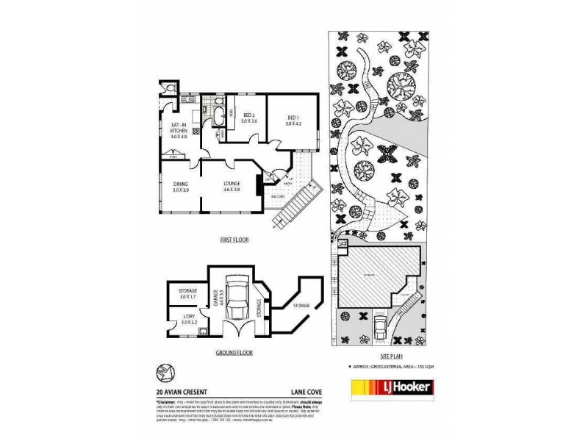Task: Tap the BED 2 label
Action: coord(248,118)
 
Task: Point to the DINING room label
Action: coord(181,187)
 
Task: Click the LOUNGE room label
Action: coord(233,187)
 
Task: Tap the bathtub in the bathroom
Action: coord(218,115)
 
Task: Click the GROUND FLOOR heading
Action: coord(234,352)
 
